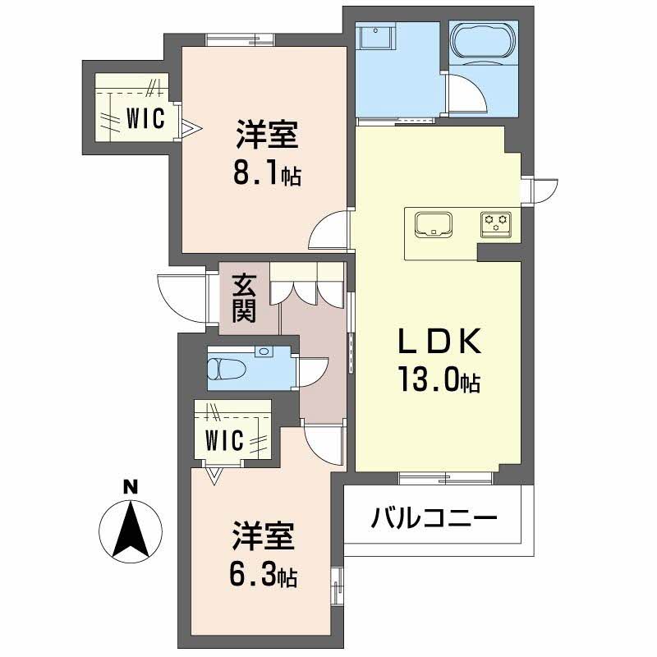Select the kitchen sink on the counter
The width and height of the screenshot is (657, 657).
coord(434,225)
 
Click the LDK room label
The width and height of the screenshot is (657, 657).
coord(439,342)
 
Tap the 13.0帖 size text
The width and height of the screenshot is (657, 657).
coord(439,379)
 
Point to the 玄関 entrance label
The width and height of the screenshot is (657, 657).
coord(244,298)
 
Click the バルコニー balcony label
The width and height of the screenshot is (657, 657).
coord(434,518)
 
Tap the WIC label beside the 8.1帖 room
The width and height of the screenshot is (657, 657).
coord(145,118)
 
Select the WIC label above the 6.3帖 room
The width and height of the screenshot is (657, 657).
coord(224,440)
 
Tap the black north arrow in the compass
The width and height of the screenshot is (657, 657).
coord(131,530)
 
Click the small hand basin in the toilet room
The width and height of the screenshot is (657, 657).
coord(264,351)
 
